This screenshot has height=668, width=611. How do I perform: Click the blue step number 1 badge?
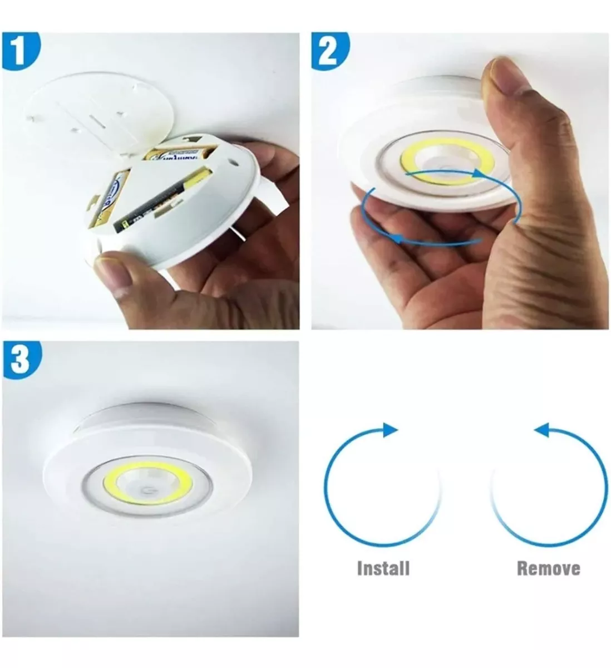click(x=20, y=51)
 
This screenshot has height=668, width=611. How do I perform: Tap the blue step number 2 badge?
click(x=328, y=51)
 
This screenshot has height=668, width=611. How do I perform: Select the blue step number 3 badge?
click(x=20, y=359)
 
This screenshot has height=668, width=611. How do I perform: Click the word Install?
click(x=383, y=568)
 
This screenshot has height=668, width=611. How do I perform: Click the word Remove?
click(x=548, y=568)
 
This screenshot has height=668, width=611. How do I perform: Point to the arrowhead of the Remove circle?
click(x=540, y=429)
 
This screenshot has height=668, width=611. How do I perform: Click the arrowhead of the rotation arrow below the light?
click(x=396, y=239)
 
